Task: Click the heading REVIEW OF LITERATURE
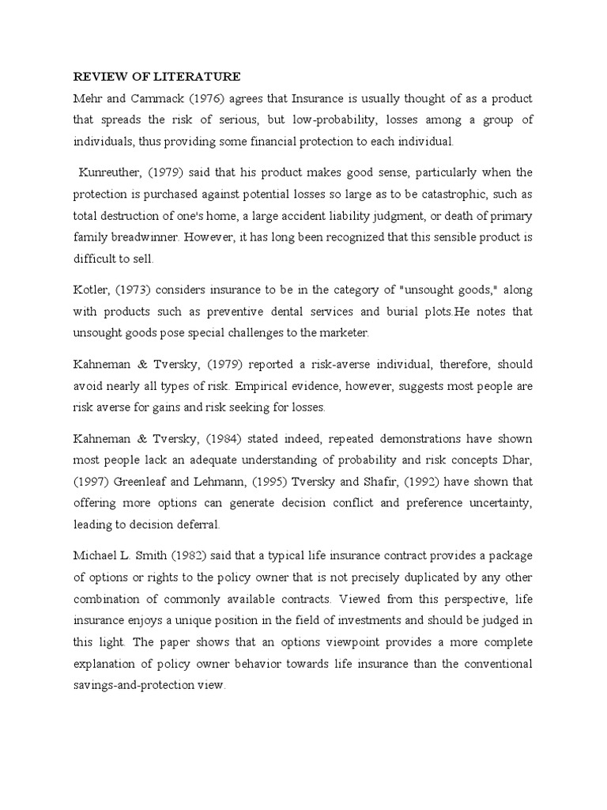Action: pos(156,78)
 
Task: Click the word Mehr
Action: pos(89,99)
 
